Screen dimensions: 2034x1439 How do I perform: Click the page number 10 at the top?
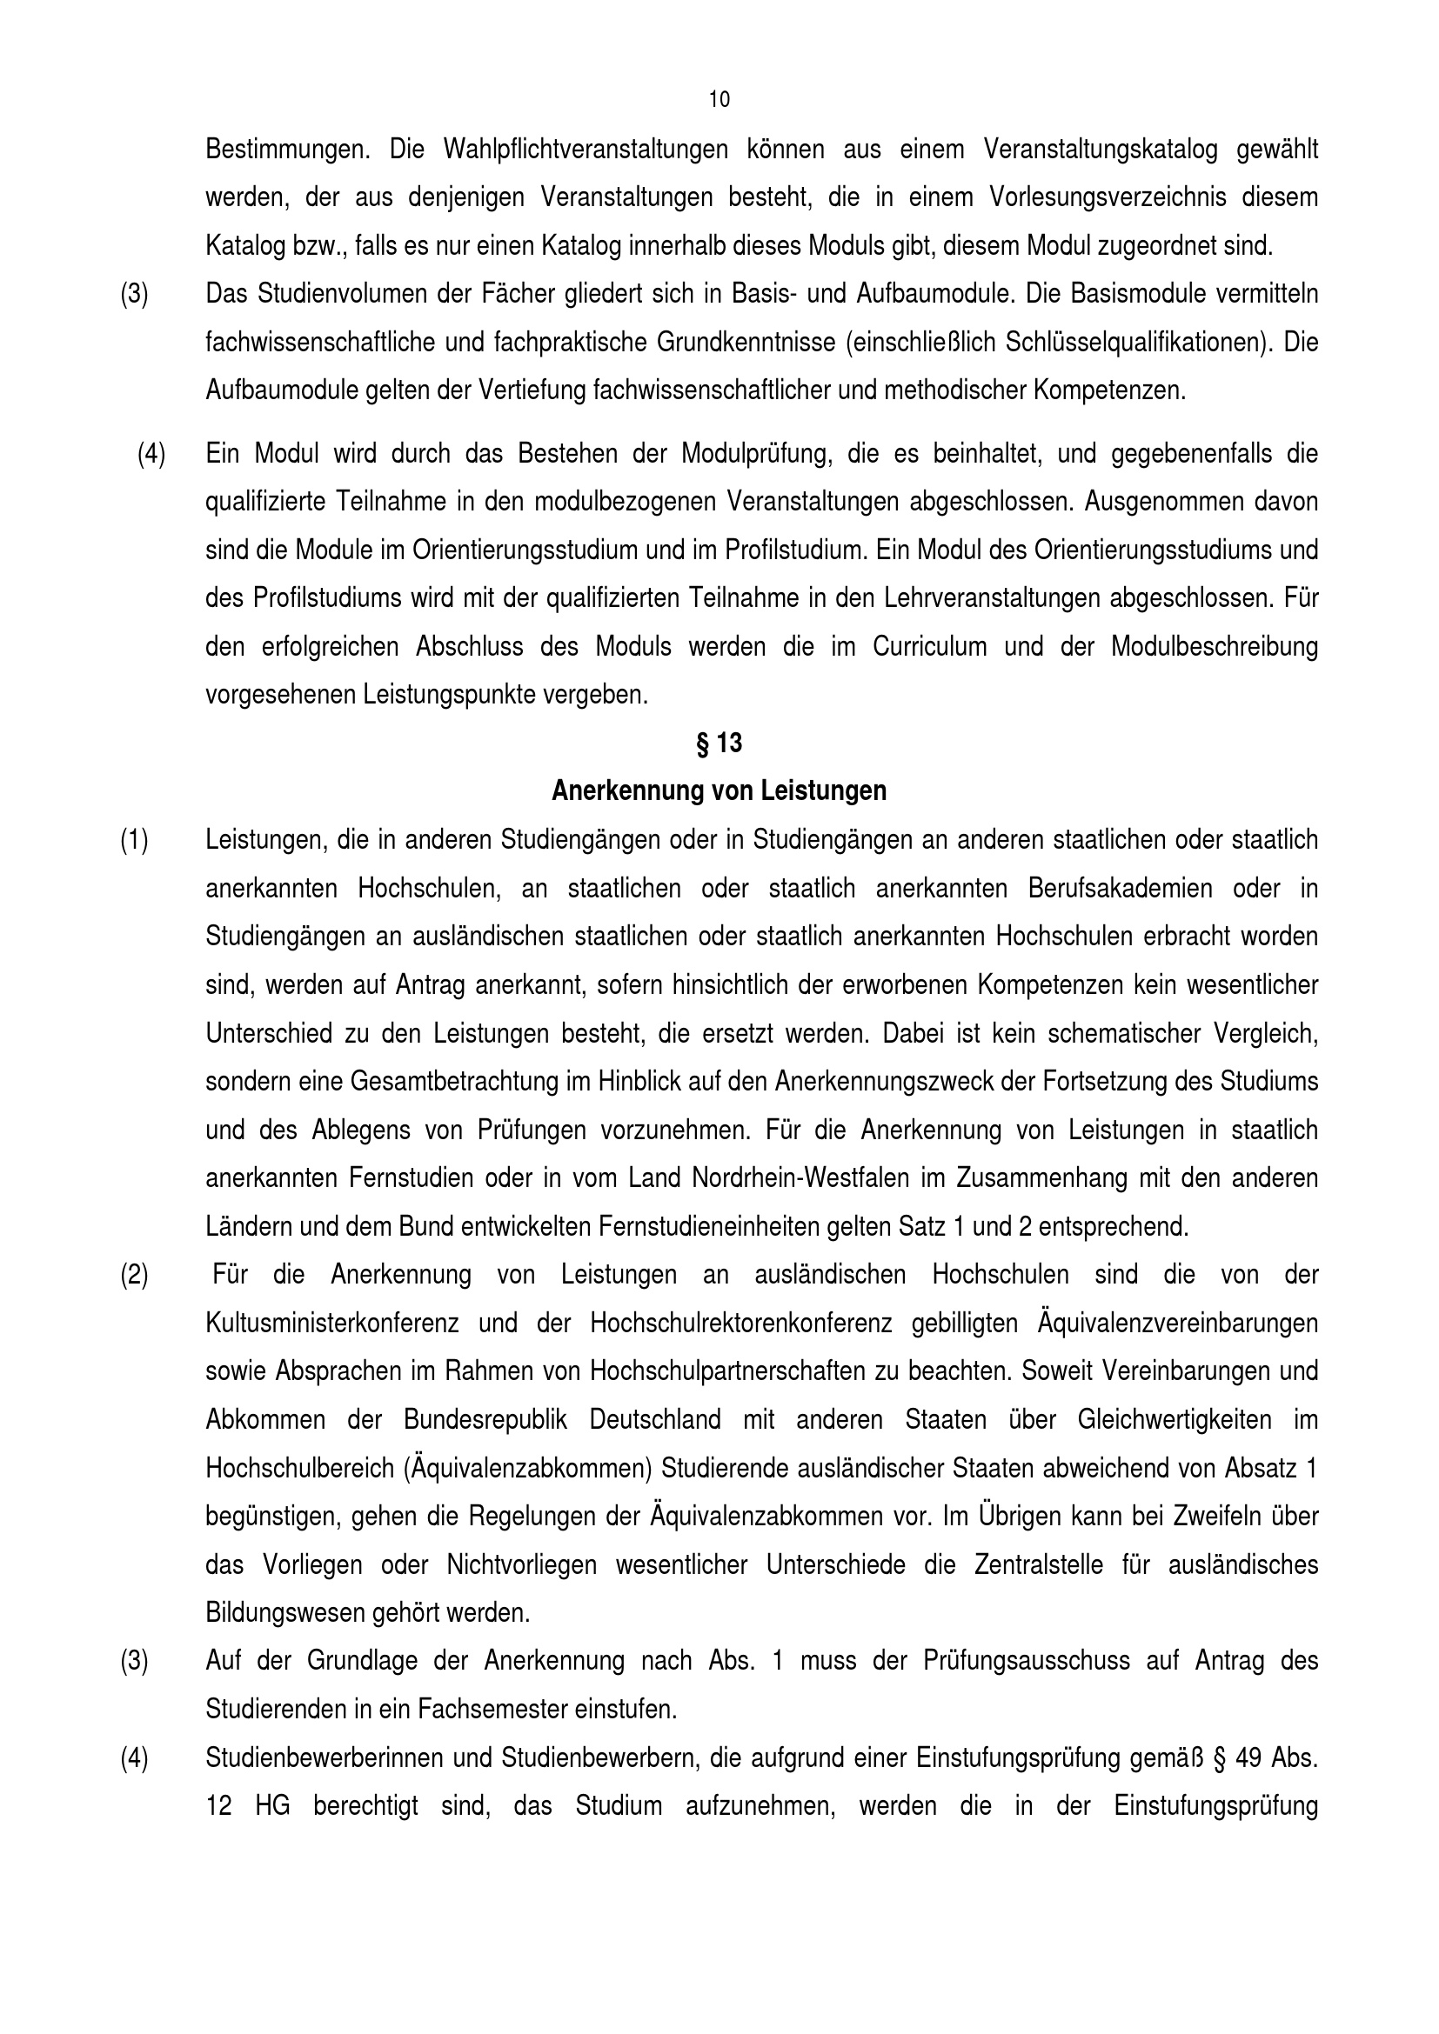coord(719,100)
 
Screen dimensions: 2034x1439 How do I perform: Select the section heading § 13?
coord(719,744)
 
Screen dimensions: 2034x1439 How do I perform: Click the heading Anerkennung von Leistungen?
coord(719,790)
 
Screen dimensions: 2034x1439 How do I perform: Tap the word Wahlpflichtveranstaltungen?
coord(586,150)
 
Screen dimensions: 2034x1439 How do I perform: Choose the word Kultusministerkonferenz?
coord(332,1324)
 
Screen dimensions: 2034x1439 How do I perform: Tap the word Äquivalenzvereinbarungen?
coord(1178,1324)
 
